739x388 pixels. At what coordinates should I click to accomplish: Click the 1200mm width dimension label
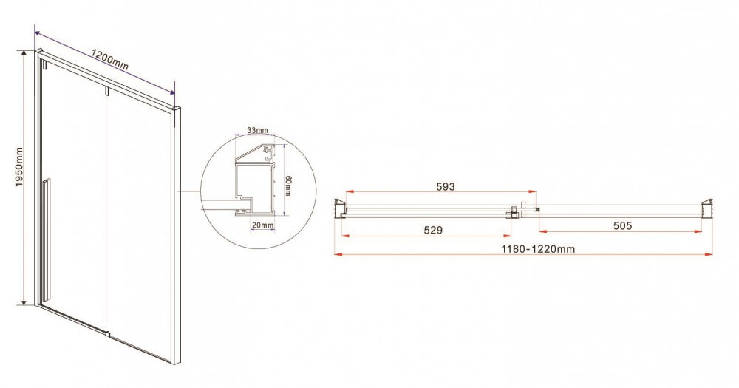tap(109, 60)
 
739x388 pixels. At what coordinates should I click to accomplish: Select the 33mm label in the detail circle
tap(257, 130)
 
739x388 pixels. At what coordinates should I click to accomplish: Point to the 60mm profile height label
tap(288, 186)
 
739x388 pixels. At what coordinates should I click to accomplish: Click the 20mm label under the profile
tap(262, 225)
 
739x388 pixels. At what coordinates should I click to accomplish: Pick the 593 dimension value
tap(446, 186)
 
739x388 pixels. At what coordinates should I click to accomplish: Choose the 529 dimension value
tap(433, 230)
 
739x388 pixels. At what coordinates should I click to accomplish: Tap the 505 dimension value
tap(622, 226)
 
